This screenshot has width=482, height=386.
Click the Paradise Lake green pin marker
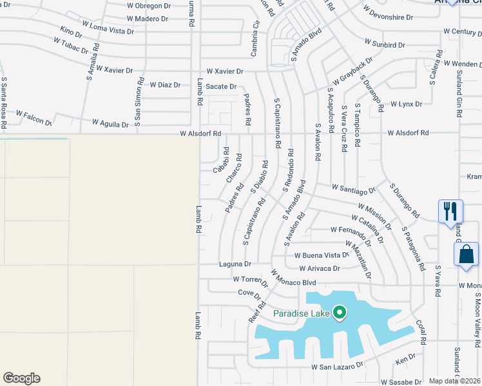[x=340, y=313]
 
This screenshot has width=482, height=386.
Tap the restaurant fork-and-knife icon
[x=450, y=211]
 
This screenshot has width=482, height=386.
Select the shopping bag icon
[x=465, y=254]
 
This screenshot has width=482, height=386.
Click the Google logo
[x=21, y=378]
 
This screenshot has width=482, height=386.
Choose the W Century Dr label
[x=462, y=32]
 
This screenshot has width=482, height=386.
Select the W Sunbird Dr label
[x=385, y=44]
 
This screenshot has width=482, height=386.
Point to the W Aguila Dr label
[x=110, y=123]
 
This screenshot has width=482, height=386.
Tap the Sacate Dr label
[x=221, y=86]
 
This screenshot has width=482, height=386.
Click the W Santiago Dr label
[x=354, y=188]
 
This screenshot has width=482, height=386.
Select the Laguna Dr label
[x=235, y=264]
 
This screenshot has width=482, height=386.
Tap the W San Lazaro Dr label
[x=337, y=365]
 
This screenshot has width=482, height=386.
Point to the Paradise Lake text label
[x=301, y=313]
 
